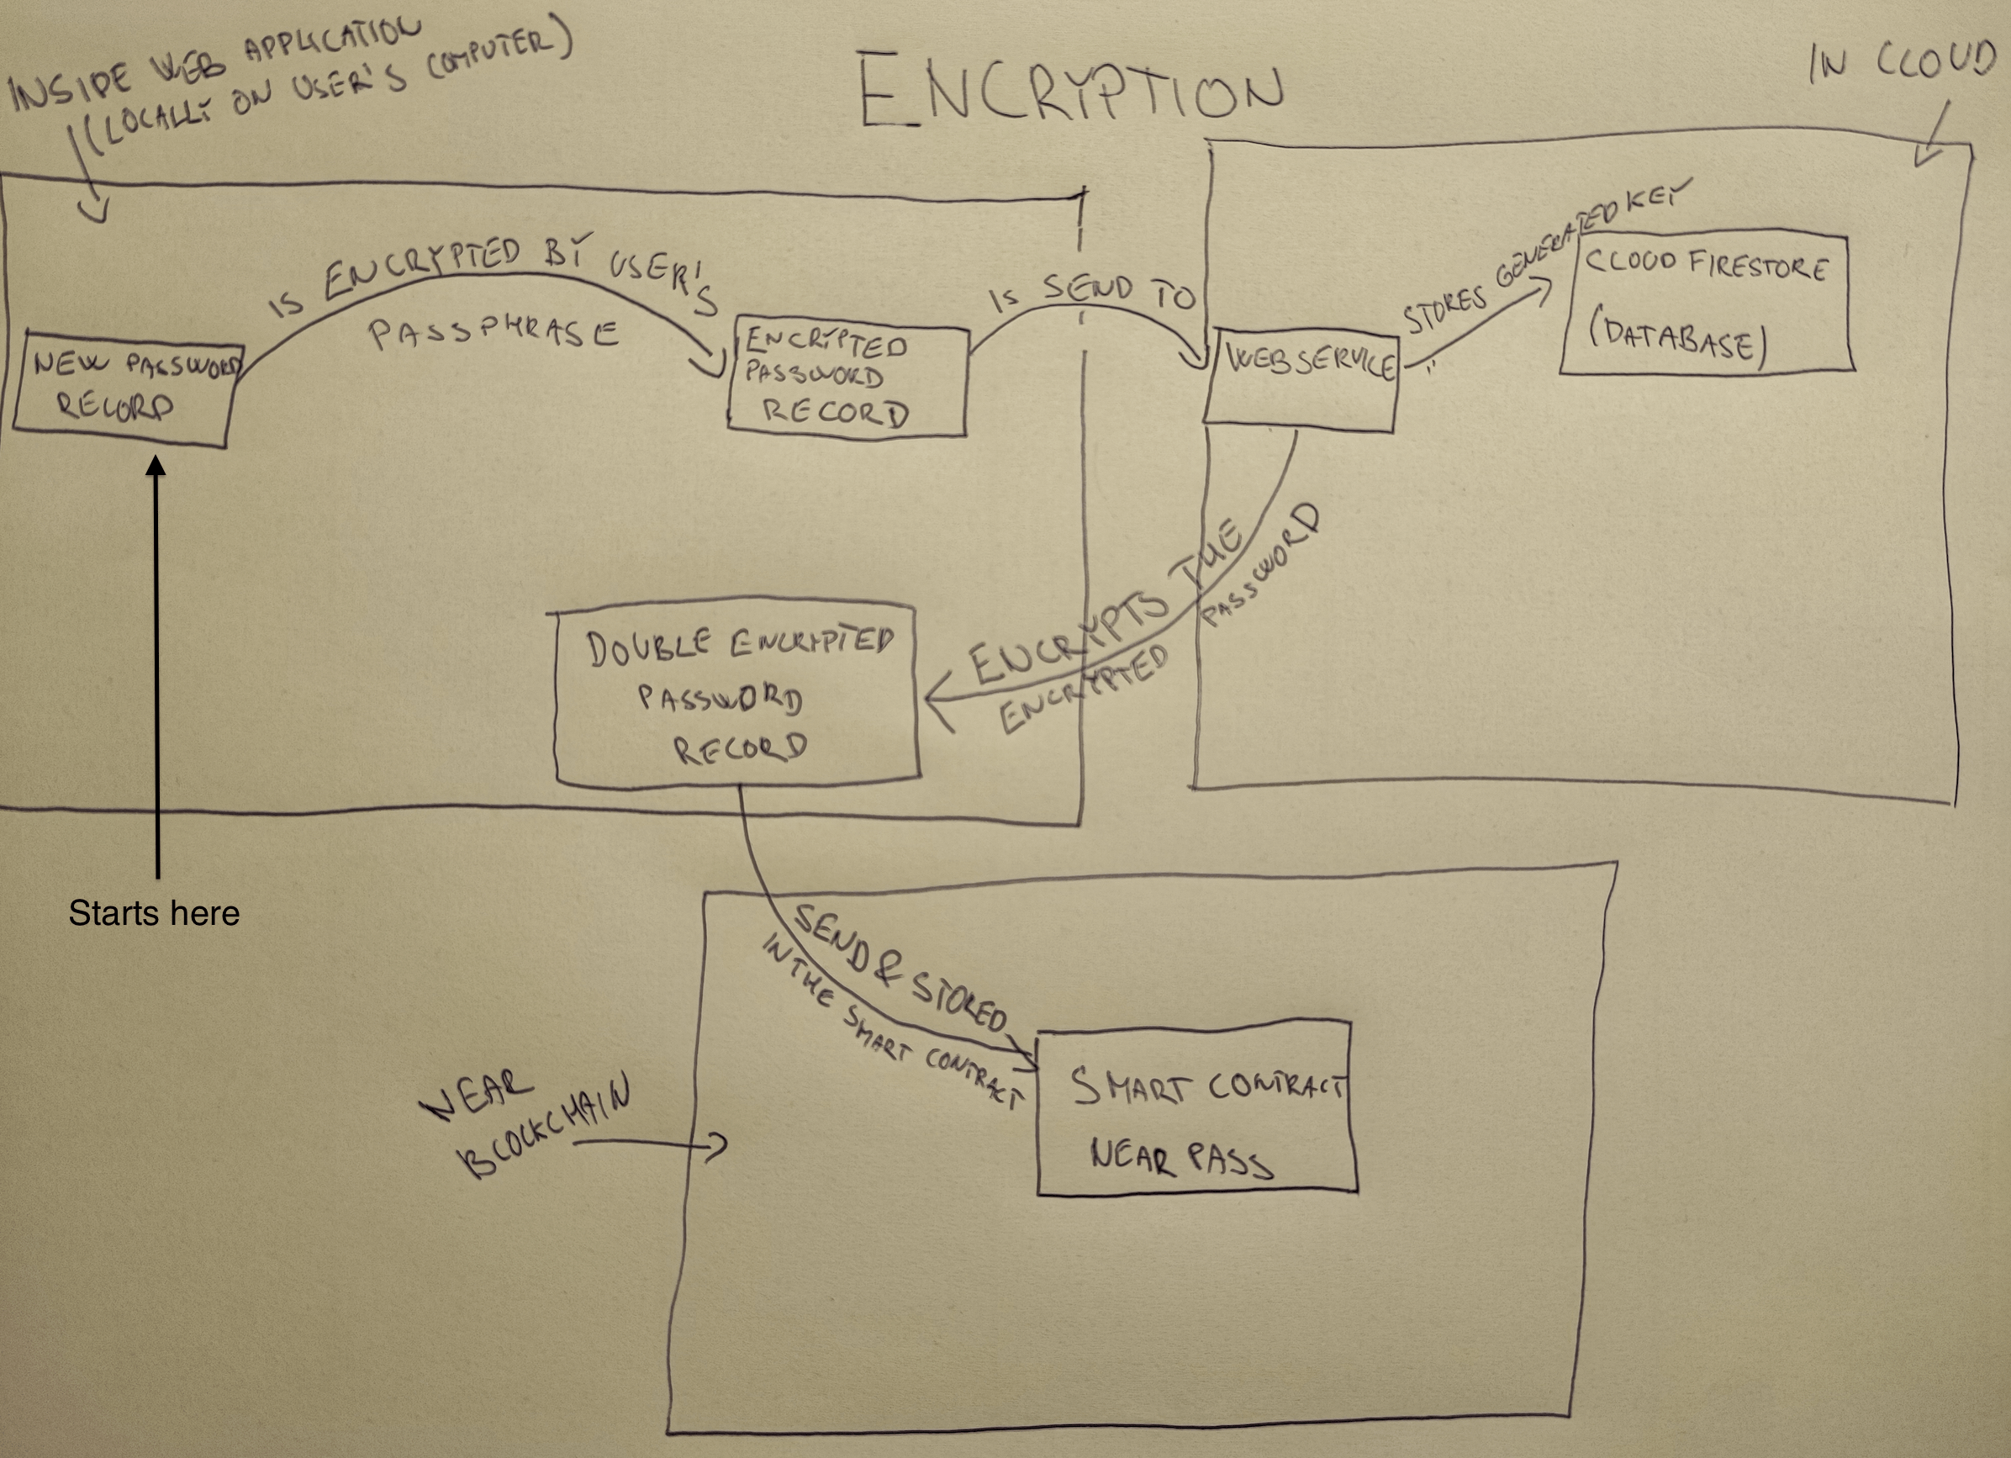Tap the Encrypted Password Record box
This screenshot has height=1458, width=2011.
click(x=847, y=382)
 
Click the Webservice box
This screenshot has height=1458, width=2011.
click(x=1300, y=379)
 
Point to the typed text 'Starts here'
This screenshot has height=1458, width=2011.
click(x=153, y=913)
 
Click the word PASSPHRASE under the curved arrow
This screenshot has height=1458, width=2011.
click(x=493, y=333)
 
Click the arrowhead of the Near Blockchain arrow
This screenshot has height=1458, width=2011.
click(x=720, y=1145)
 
